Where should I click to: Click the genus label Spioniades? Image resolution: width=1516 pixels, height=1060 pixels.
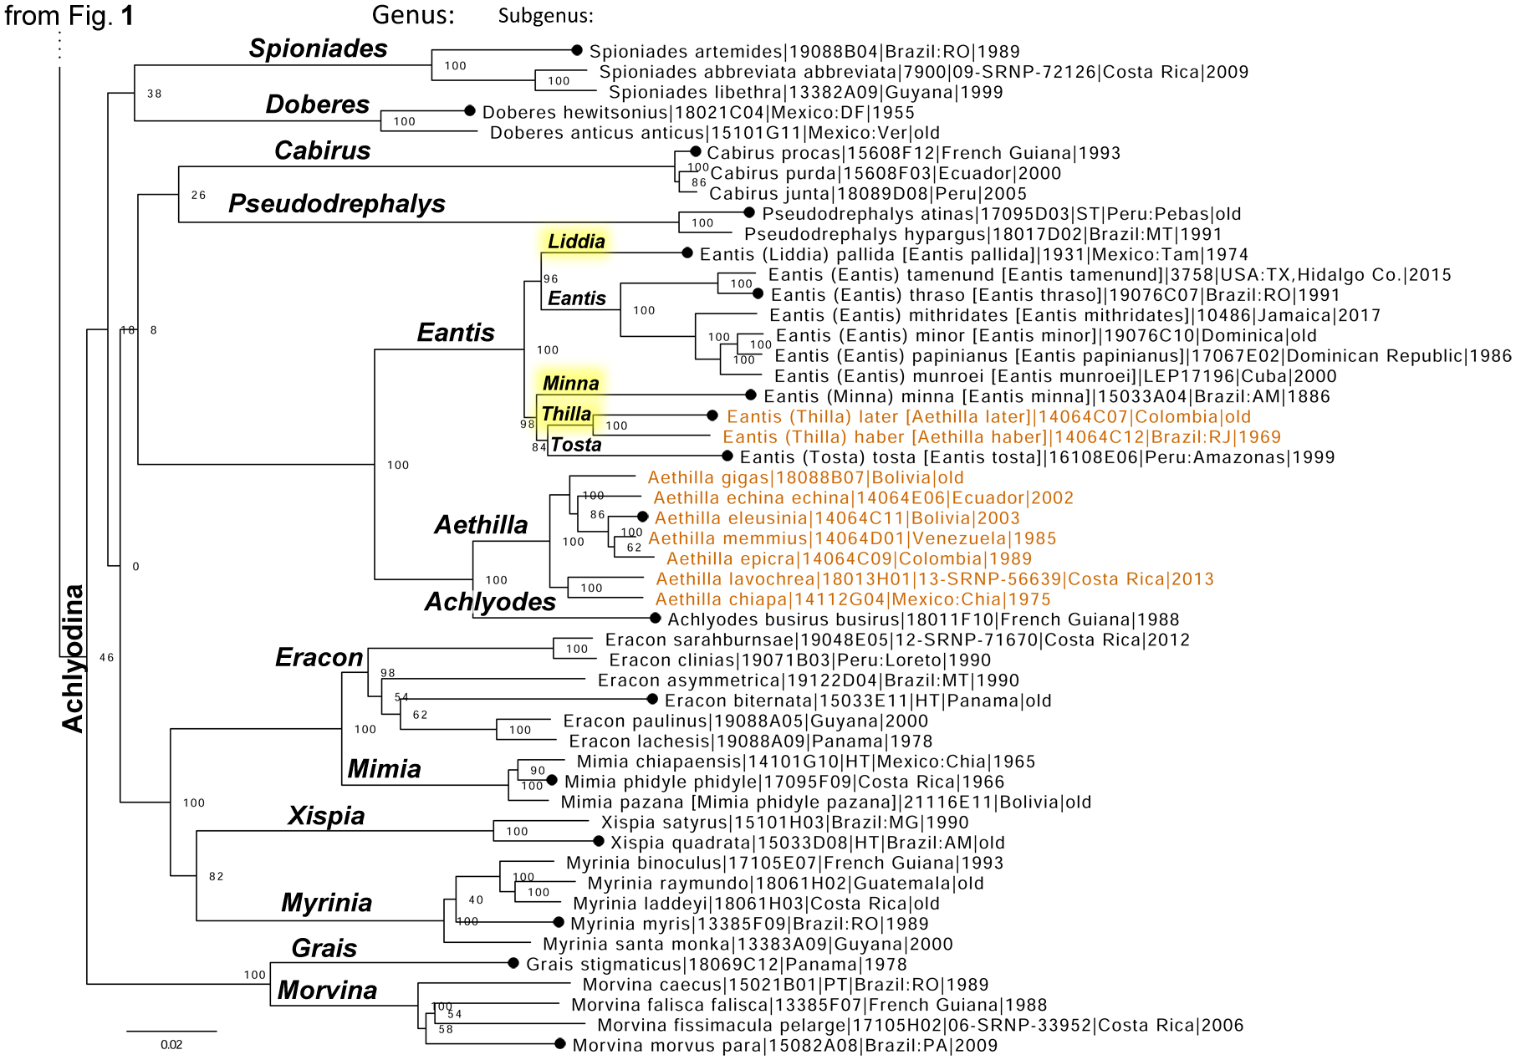[x=318, y=48]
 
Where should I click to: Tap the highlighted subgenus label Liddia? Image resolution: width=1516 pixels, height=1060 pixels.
[x=576, y=242]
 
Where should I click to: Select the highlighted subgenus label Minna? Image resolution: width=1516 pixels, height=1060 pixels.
[x=571, y=384]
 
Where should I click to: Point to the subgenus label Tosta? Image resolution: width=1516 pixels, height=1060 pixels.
[x=576, y=445]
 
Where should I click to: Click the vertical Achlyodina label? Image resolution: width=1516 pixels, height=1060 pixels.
[x=74, y=658]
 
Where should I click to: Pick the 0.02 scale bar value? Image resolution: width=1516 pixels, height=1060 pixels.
[x=171, y=1045]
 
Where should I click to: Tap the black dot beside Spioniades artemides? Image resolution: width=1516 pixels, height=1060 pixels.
[x=577, y=51]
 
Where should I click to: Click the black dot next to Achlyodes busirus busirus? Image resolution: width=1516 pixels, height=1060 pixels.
[x=656, y=619]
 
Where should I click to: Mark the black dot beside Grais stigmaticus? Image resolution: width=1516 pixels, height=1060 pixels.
[x=513, y=964]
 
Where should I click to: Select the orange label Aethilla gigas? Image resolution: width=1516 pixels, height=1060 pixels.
[x=805, y=478]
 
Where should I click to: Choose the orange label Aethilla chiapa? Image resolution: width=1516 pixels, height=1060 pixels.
[x=853, y=599]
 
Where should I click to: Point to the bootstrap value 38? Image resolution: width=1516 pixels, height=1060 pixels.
[x=155, y=94]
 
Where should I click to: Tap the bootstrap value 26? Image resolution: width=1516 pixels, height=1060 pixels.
[x=198, y=195]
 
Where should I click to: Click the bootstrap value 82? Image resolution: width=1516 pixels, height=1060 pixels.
[x=217, y=876]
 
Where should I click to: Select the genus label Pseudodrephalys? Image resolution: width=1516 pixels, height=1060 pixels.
[x=337, y=204]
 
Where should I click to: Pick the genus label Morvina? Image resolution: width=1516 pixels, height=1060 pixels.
[x=327, y=991]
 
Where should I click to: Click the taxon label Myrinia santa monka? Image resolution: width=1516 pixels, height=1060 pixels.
[x=748, y=945]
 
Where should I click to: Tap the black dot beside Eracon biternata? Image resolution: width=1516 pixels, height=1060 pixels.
[x=652, y=699]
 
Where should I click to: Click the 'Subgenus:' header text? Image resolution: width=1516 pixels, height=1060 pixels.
[x=545, y=16]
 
